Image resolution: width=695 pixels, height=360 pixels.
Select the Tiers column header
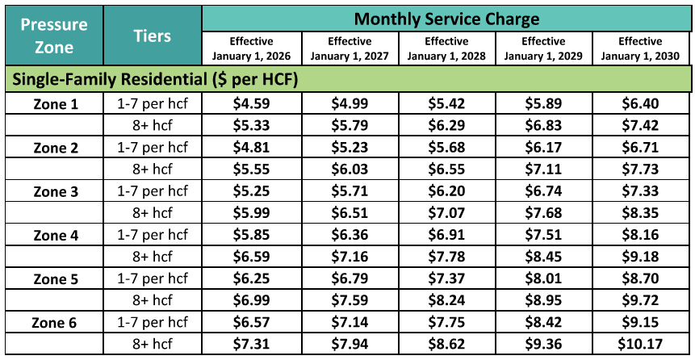click(x=152, y=36)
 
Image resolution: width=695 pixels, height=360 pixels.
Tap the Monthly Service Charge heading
click(x=446, y=19)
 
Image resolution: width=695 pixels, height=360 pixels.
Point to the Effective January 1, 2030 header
click(x=640, y=48)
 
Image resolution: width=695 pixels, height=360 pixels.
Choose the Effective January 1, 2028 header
click(x=446, y=48)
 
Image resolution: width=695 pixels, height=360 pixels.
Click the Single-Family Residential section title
click(x=153, y=79)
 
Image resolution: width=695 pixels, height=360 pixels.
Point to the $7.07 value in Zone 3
click(x=446, y=213)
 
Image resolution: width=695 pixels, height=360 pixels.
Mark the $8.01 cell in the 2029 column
click(x=543, y=279)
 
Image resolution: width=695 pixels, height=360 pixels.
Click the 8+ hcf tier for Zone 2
click(x=152, y=170)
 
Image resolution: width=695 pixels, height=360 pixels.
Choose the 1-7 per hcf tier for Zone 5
click(x=152, y=279)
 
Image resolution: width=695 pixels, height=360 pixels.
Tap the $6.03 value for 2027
click(x=348, y=170)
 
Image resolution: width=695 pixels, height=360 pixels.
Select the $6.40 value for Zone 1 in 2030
click(x=640, y=103)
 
